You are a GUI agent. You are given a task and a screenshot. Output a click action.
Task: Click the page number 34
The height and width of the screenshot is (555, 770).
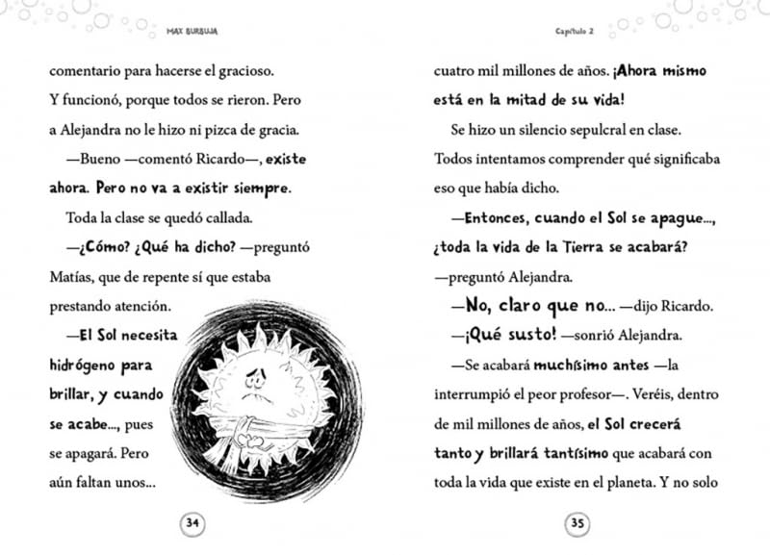(192, 523)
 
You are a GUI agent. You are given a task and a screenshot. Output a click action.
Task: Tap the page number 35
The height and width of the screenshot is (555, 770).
(577, 523)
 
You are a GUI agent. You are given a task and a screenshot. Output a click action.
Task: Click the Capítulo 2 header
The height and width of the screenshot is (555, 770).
(576, 29)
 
